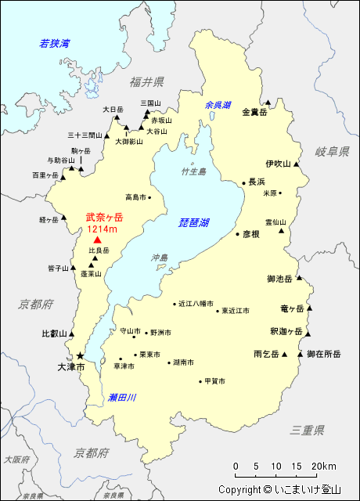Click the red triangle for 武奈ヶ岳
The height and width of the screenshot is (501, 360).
coord(97,240)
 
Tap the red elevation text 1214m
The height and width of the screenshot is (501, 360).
coord(102,229)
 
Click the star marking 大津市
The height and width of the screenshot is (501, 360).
coord(79,355)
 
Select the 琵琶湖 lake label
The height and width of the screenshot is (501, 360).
coord(193,223)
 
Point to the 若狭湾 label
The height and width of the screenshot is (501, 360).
coord(56,44)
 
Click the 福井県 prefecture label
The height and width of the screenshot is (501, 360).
coord(147,82)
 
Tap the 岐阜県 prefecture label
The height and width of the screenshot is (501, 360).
coord(332,151)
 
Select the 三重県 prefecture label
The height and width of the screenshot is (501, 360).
coord(307,430)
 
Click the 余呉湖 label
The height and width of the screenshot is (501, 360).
coord(218,105)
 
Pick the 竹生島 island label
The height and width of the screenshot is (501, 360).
coord(193,171)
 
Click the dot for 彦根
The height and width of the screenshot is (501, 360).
coord(237,233)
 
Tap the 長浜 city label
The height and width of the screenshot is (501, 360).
coord(257,182)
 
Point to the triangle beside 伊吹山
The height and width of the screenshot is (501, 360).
coord(297,164)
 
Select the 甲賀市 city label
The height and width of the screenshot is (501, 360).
coord(214,381)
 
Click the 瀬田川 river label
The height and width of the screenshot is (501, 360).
coord(122,398)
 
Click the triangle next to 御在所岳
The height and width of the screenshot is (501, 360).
coord(301,355)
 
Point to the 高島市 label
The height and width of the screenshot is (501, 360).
coord(136,198)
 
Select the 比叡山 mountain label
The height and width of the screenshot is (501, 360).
coord(54,333)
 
